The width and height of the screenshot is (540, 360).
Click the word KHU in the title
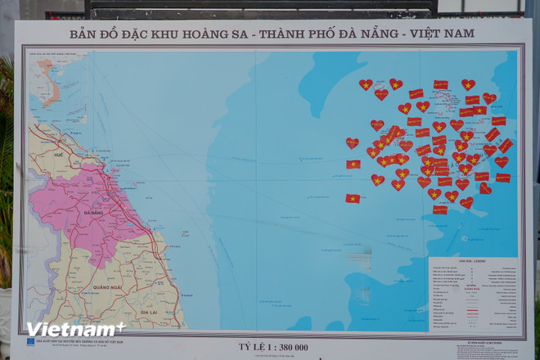[x=182, y=34]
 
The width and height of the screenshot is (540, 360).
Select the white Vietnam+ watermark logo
[x=74, y=329]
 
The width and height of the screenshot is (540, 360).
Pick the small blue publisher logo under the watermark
[x=30, y=342]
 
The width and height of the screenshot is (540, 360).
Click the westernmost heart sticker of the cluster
[x=353, y=143]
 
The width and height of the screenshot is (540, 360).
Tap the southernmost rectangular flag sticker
[x=440, y=209]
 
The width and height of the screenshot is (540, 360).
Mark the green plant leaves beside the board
[x=6, y=147]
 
